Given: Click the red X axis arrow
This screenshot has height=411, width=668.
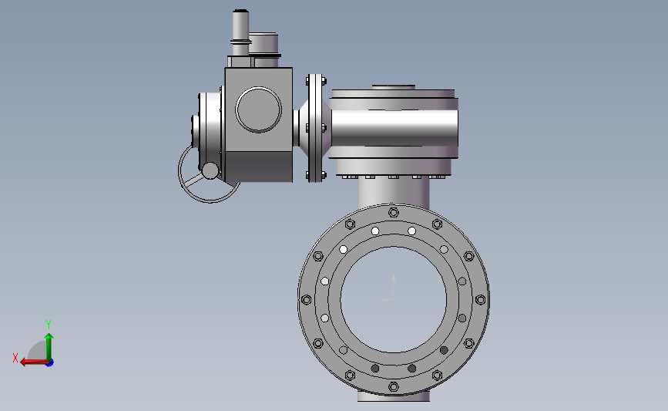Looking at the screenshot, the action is [34, 362].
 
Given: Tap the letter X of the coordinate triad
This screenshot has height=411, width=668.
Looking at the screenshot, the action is [15, 358].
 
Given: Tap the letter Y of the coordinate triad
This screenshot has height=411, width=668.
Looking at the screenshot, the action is [48, 325].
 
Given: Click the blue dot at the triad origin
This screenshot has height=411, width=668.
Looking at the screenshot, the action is [50, 363].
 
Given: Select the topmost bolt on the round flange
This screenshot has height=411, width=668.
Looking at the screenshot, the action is [394, 212].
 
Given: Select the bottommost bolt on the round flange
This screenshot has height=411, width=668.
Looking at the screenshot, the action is [394, 387].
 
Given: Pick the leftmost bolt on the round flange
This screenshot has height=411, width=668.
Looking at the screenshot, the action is [307, 300].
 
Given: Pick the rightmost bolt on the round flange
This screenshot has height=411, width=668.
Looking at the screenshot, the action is [481, 300].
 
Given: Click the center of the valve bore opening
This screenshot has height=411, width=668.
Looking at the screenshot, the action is [394, 300].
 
